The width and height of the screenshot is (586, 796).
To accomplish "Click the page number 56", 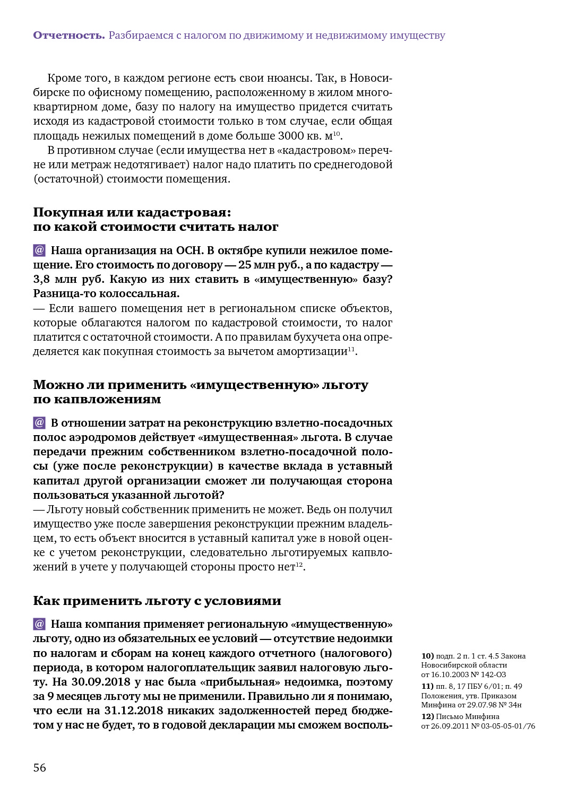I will point(40,768).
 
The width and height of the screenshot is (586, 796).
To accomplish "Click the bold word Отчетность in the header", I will point(68,36).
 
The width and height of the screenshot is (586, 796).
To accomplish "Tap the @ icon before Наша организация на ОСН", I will point(39,250).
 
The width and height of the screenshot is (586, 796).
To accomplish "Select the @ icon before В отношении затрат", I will point(39,422).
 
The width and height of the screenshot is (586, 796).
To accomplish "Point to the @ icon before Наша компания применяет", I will point(39,624).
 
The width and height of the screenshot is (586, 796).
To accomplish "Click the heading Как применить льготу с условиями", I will point(157,601).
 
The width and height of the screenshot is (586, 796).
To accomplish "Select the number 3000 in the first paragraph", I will point(290,136).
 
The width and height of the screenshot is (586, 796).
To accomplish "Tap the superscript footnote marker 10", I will point(337,133).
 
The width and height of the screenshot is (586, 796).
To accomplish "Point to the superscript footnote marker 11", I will point(351,349).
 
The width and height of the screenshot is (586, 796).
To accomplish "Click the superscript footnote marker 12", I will point(299,564).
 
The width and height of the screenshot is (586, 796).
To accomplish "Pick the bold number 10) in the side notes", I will point(427,656).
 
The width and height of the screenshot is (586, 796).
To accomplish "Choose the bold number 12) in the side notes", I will point(427,716).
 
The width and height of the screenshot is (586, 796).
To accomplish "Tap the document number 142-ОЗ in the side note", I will point(493,674).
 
